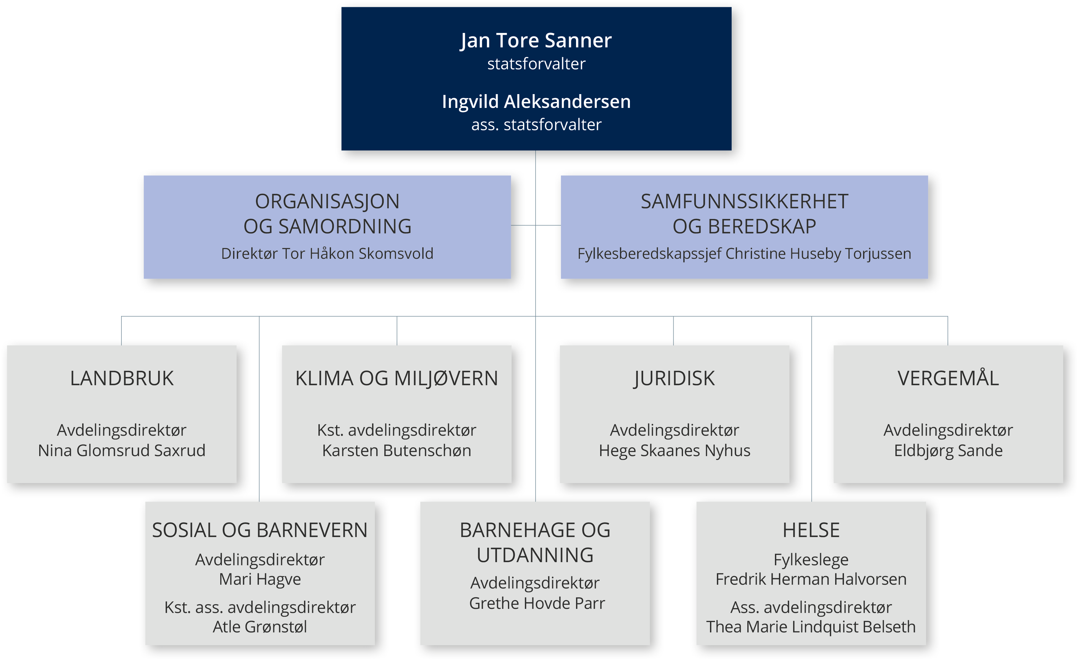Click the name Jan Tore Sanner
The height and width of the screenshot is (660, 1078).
pyautogui.click(x=536, y=41)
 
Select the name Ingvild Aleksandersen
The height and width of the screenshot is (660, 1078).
pyautogui.click(x=536, y=101)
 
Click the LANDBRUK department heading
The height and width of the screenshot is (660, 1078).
pyautogui.click(x=122, y=378)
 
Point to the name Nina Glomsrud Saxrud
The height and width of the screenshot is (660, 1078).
pyautogui.click(x=122, y=450)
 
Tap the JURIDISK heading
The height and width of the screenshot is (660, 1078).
pyautogui.click(x=674, y=378)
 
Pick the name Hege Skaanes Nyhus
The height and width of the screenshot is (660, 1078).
pyautogui.click(x=674, y=450)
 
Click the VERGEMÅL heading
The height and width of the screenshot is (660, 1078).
pyautogui.click(x=948, y=378)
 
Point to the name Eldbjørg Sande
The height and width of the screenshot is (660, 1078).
pyautogui.click(x=948, y=450)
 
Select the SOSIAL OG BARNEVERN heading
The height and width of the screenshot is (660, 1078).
pyautogui.click(x=259, y=530)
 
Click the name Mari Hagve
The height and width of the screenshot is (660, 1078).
pyautogui.click(x=259, y=579)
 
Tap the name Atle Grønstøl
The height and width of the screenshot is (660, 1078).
pyautogui.click(x=259, y=627)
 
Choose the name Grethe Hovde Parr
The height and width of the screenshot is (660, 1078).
pyautogui.click(x=537, y=603)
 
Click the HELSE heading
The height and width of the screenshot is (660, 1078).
pyautogui.click(x=811, y=530)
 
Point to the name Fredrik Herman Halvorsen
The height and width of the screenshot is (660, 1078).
pyautogui.click(x=811, y=579)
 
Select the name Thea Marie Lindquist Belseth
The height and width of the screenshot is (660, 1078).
pyautogui.click(x=811, y=627)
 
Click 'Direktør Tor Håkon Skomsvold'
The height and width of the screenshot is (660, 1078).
pyautogui.click(x=327, y=254)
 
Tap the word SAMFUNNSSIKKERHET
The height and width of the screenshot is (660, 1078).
pyautogui.click(x=744, y=202)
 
